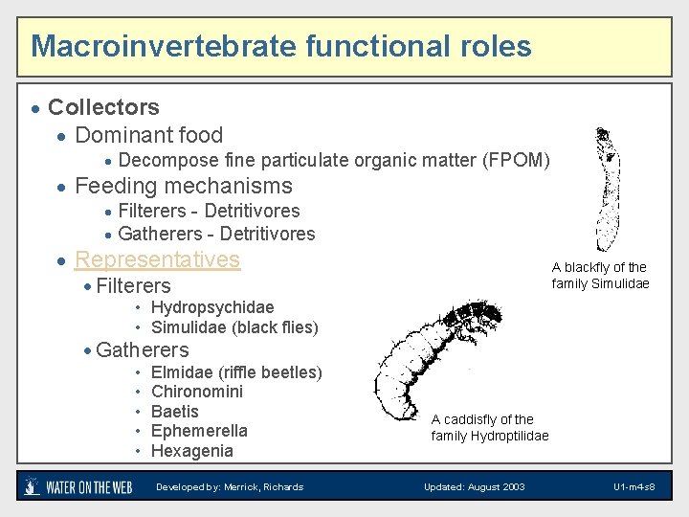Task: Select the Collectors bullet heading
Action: [x=103, y=107]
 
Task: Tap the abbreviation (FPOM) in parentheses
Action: [x=517, y=160]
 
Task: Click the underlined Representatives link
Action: [x=157, y=259]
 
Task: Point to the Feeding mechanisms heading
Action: [x=183, y=186]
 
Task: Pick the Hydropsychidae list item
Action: [x=212, y=307]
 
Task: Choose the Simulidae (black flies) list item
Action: [x=234, y=327]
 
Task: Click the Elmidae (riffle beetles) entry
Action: [x=236, y=371]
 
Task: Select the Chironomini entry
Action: [x=197, y=392]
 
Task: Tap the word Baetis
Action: [x=175, y=412]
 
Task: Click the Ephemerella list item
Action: [x=199, y=431]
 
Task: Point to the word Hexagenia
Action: [x=192, y=451]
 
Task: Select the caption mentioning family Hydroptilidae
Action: [x=490, y=428]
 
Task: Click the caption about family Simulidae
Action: [x=600, y=276]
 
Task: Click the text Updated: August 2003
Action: [x=475, y=487]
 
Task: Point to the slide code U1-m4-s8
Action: [x=634, y=487]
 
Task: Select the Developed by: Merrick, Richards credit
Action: [x=230, y=487]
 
